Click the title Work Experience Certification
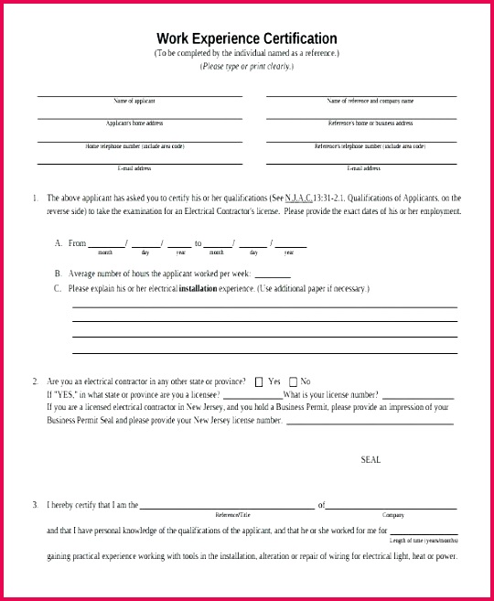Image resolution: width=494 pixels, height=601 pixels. pyautogui.click(x=247, y=38)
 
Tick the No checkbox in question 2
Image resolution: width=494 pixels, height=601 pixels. pyautogui.click(x=293, y=381)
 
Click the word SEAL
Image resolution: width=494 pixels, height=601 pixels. pyautogui.click(x=370, y=460)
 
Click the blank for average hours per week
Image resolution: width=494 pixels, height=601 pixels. pyautogui.click(x=273, y=274)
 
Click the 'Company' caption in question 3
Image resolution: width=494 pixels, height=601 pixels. pyautogui.click(x=392, y=515)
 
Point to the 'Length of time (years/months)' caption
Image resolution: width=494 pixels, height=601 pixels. pyautogui.click(x=423, y=541)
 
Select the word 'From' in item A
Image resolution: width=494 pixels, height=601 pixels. pyautogui.click(x=77, y=243)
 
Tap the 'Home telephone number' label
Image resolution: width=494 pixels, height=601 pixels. pyautogui.click(x=134, y=146)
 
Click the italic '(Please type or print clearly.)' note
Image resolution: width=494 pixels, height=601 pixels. pyautogui.click(x=247, y=67)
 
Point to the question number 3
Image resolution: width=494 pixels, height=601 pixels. pyautogui.click(x=35, y=505)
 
